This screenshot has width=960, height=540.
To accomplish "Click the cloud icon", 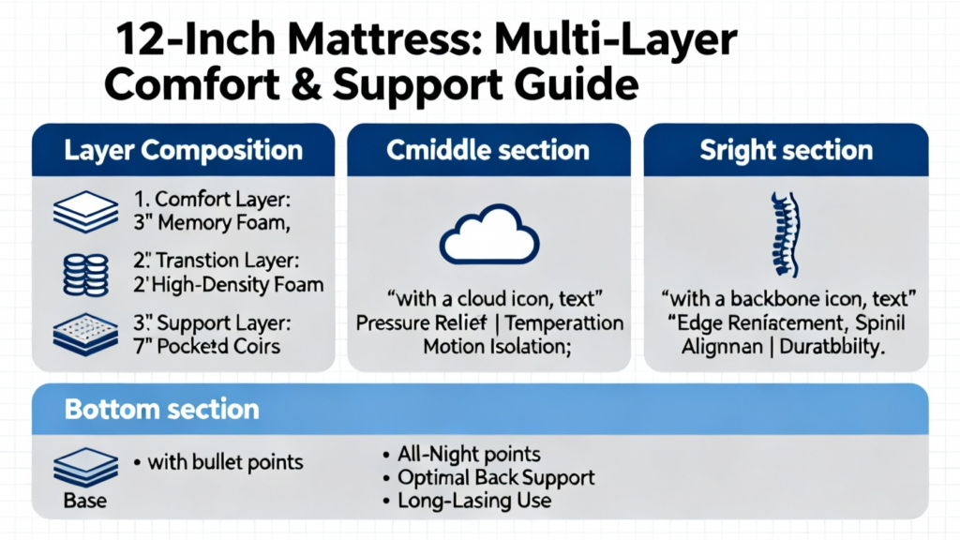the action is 489,235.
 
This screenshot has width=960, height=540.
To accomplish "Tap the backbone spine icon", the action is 786,234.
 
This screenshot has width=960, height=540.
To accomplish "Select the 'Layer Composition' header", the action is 183,151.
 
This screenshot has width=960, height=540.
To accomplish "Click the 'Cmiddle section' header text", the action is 487,151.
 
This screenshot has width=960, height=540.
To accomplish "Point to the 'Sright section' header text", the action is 787,151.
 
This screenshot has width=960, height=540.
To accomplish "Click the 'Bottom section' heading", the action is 161,409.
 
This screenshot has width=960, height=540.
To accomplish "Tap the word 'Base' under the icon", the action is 85,501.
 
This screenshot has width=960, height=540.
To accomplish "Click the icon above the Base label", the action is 85,468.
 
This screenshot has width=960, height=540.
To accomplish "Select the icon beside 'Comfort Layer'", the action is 85,212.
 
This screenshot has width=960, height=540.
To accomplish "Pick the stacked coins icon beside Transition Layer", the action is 85,275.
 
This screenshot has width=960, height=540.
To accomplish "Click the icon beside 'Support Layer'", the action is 85,335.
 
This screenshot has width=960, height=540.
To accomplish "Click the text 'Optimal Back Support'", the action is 496,477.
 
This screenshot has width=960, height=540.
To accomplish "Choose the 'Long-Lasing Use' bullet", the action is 474,501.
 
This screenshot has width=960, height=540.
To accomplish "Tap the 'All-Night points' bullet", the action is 469,455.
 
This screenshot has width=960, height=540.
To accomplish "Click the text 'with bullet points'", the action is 225,462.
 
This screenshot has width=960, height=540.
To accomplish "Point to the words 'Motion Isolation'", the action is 495,347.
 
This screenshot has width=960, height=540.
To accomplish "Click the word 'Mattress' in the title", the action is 382,39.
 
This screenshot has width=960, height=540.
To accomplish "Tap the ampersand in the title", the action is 307,84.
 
